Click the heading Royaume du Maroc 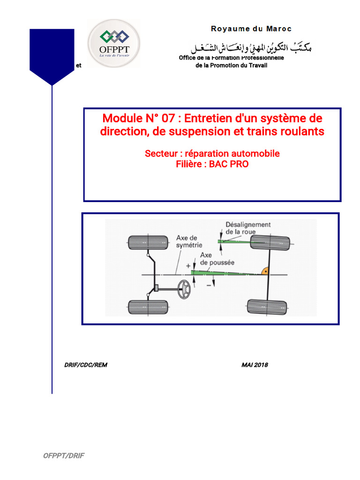[x=251, y=29]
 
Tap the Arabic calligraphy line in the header [x=250, y=47]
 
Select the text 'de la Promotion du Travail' [x=231, y=66]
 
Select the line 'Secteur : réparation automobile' [x=212, y=153]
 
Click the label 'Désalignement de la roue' [x=247, y=228]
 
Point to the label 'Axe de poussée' [x=217, y=259]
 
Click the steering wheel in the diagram [x=185, y=289]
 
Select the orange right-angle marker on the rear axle [x=264, y=270]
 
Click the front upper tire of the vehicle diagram [x=148, y=242]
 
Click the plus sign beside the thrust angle [x=188, y=266]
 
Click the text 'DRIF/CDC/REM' [x=86, y=365]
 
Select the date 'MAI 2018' [x=255, y=365]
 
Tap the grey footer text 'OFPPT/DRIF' [x=64, y=456]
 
